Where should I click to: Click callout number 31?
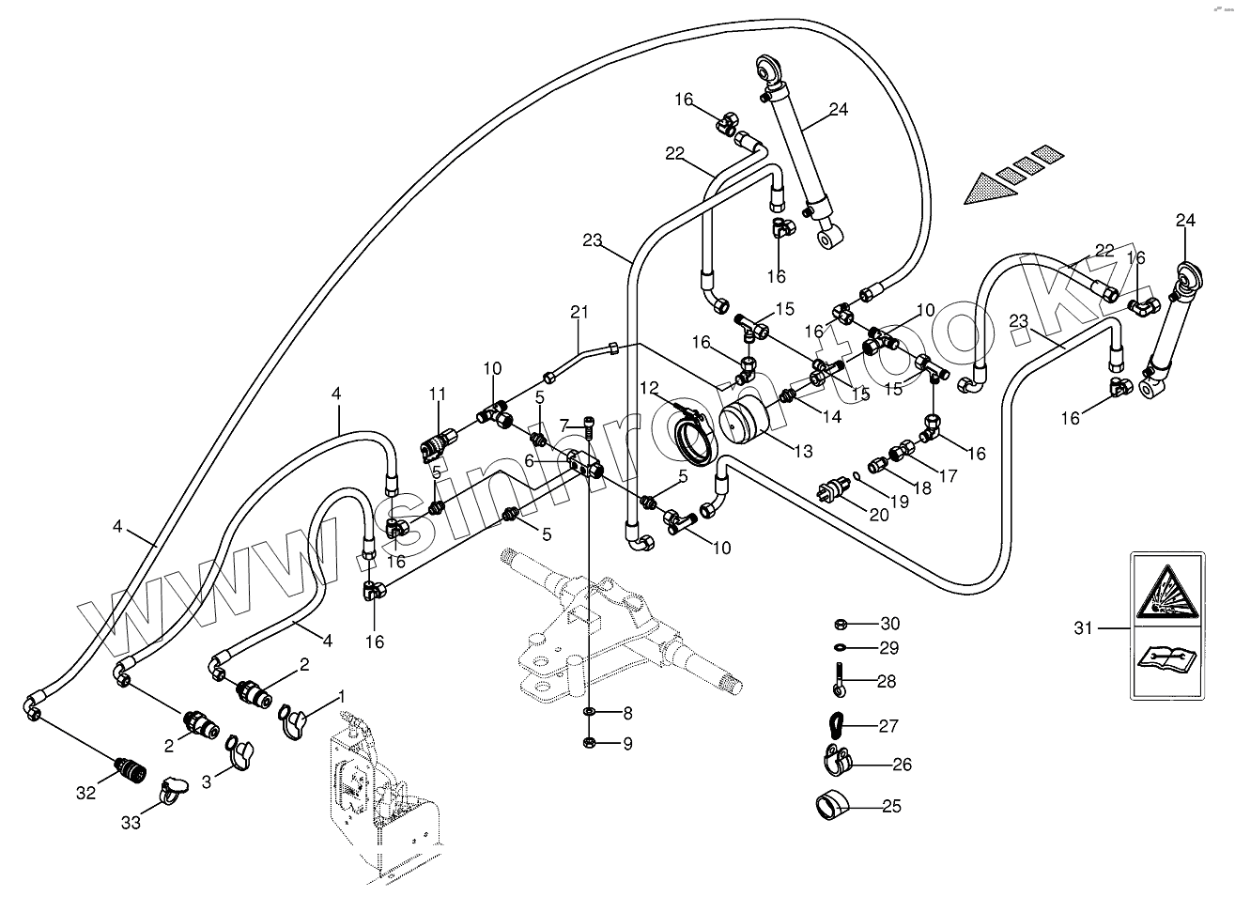click(x=1084, y=627)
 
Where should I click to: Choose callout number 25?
click(x=891, y=806)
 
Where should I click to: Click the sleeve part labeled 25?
click(x=827, y=805)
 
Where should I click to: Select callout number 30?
click(x=889, y=624)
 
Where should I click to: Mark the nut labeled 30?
click(x=842, y=624)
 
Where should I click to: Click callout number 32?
click(x=85, y=793)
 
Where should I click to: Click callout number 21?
click(x=579, y=312)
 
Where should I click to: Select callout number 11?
click(x=437, y=393)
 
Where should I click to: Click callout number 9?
click(x=626, y=744)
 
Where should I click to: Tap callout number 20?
click(x=877, y=516)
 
